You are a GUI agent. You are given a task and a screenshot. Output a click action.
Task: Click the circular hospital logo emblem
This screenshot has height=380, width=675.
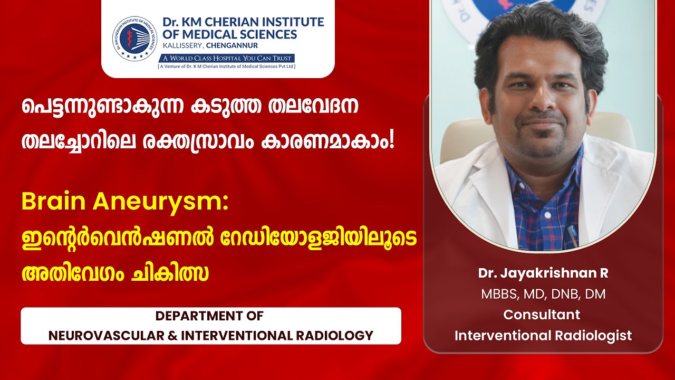[x=136, y=37]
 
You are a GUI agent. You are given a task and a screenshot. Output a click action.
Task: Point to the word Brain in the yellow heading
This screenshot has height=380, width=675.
[x=54, y=202]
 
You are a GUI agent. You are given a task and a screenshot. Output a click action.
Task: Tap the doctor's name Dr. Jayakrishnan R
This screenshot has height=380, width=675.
[x=543, y=273]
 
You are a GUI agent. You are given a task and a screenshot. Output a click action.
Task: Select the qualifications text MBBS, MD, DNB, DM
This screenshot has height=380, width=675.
[x=543, y=294]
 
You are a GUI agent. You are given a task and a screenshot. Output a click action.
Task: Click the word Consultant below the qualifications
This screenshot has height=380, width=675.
[x=542, y=315]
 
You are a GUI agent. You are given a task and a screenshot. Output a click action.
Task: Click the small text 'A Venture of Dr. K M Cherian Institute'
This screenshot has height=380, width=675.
[x=227, y=66]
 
